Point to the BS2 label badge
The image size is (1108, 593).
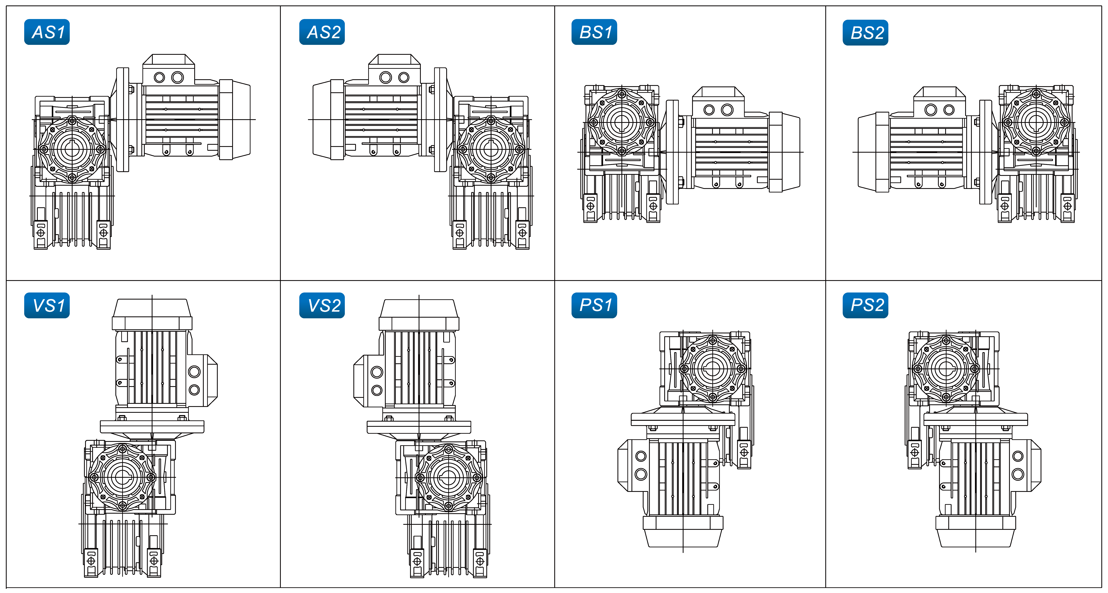tap(865, 33)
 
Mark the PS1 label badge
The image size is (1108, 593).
tap(594, 305)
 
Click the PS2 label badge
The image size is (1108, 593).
tap(865, 305)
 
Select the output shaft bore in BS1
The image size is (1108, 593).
tap(622, 123)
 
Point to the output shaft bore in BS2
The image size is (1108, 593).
tap(1036, 123)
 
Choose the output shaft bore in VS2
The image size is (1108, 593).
tap(449, 477)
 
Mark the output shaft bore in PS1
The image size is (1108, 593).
tap(713, 369)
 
